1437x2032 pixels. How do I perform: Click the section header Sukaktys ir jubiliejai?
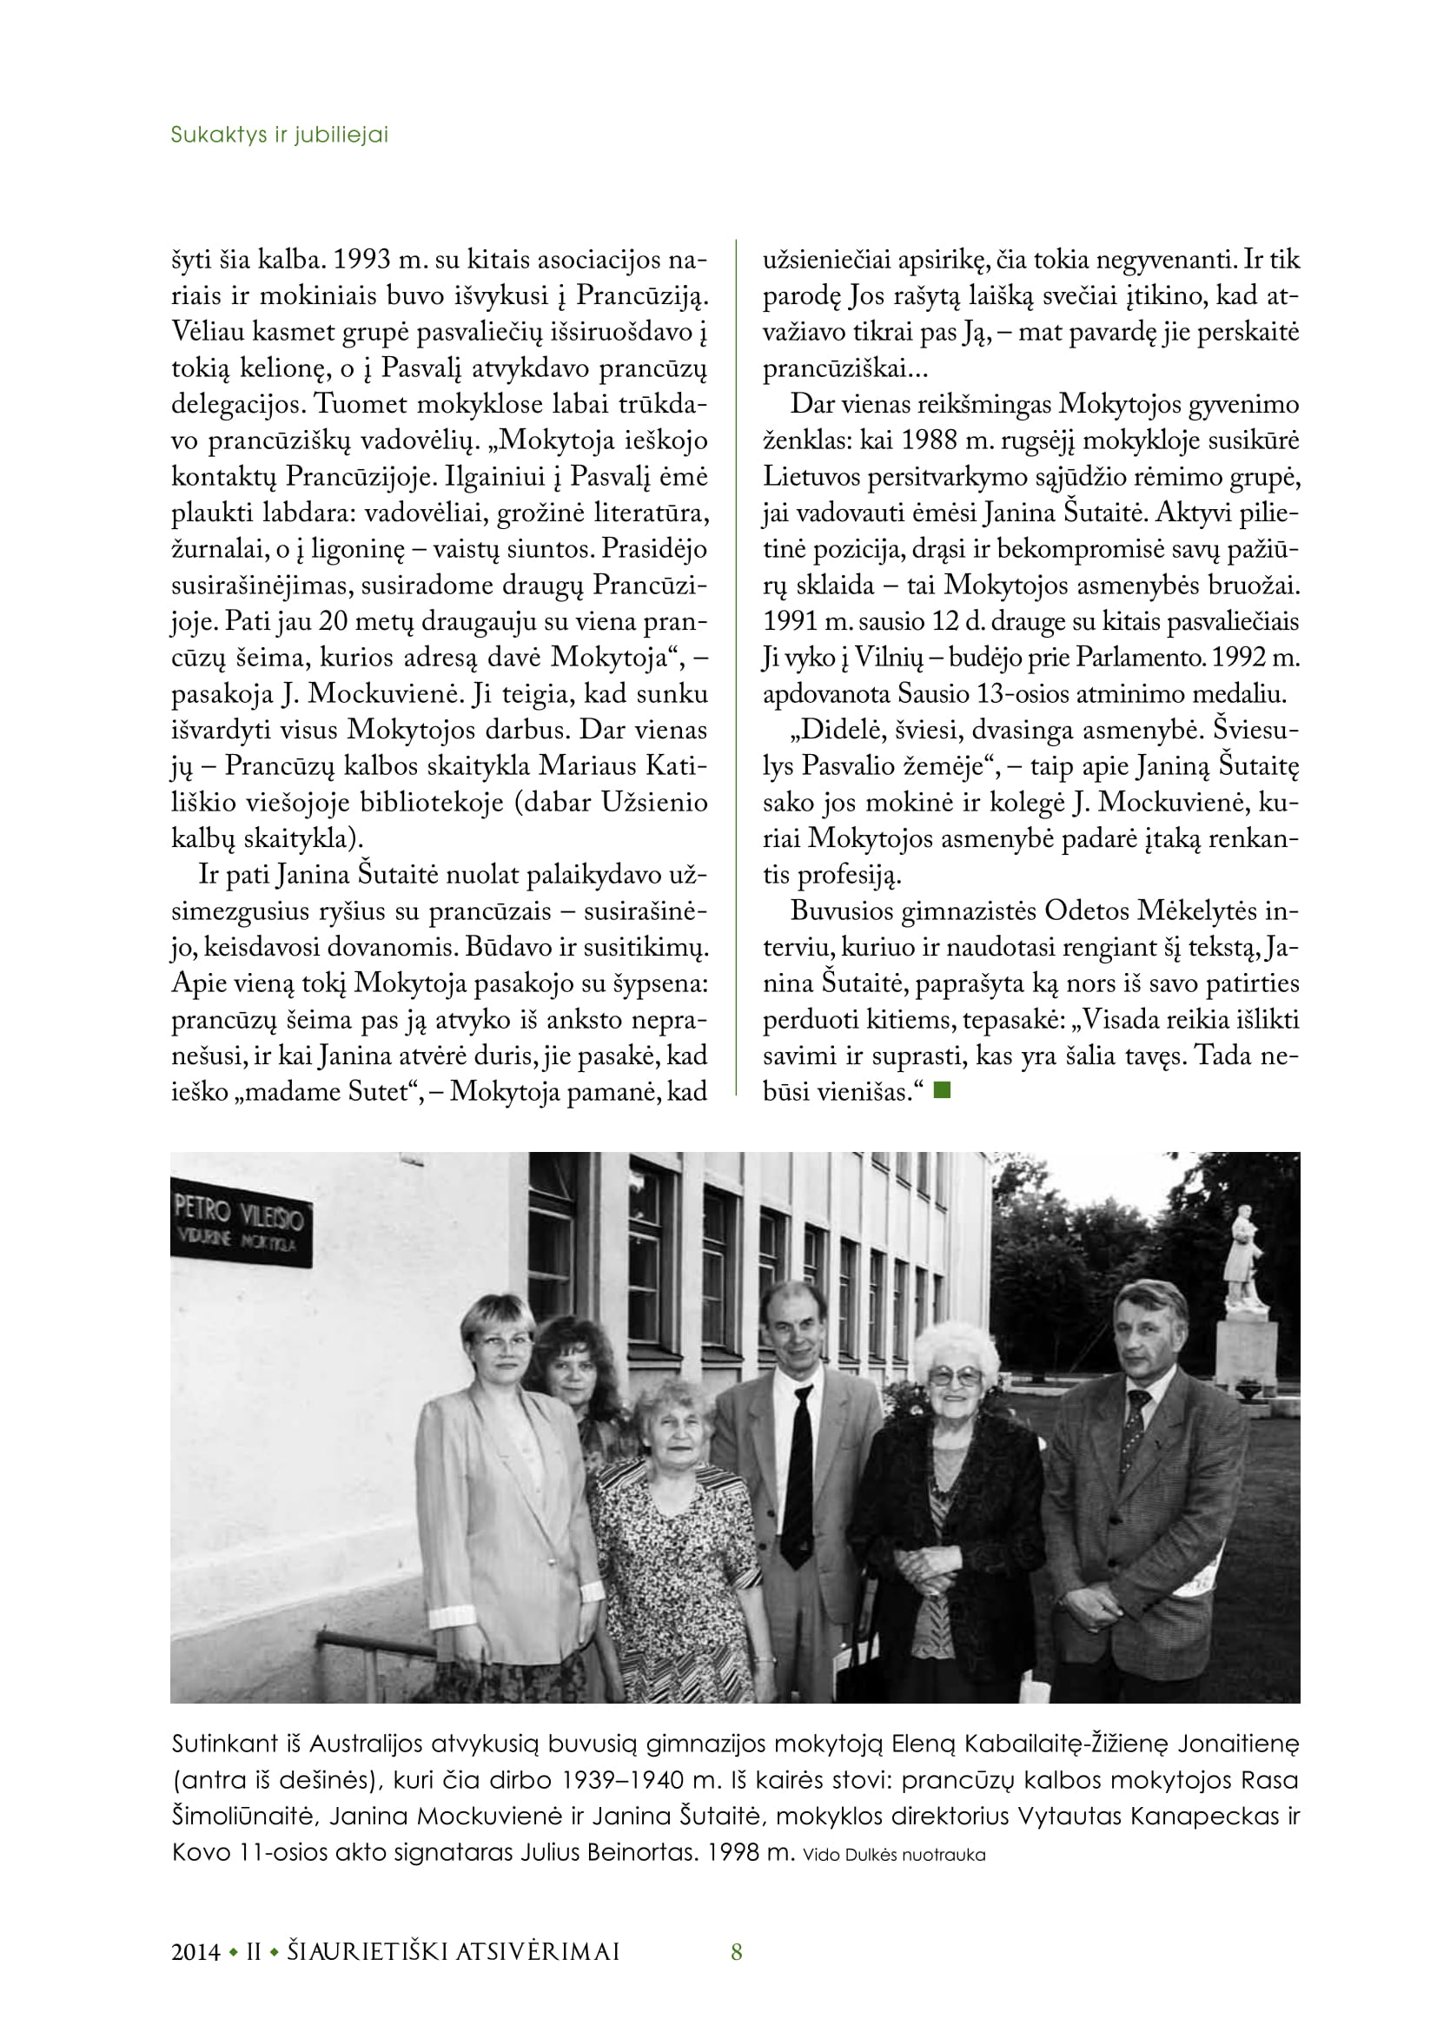279,135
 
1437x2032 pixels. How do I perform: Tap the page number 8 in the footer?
736,1951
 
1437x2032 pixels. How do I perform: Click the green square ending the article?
942,1089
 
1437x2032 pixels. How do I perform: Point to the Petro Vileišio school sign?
241,1222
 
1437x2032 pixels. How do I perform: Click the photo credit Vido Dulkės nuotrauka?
894,1855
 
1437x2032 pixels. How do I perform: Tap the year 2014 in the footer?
195,1951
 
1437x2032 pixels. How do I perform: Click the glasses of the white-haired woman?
955,1374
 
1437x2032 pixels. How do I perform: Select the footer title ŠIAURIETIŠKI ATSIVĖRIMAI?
453,1951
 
